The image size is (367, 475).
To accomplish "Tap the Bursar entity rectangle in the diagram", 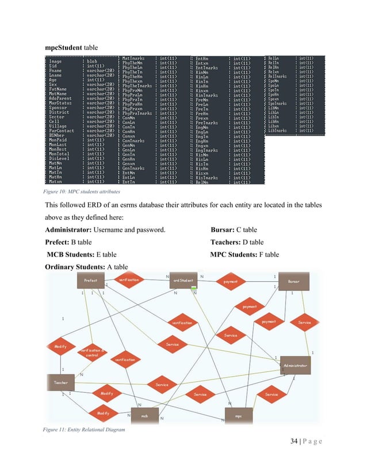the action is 293,282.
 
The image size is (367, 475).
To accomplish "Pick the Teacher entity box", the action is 61,382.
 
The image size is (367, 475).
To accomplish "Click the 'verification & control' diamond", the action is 92,351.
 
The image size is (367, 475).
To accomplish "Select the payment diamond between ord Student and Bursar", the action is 231,282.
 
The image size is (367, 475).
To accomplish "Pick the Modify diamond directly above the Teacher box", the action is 60,347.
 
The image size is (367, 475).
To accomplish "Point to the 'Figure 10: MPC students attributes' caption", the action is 81,192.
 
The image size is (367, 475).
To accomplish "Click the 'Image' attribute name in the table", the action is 56,61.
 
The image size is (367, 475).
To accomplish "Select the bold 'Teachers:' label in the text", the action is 229,242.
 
